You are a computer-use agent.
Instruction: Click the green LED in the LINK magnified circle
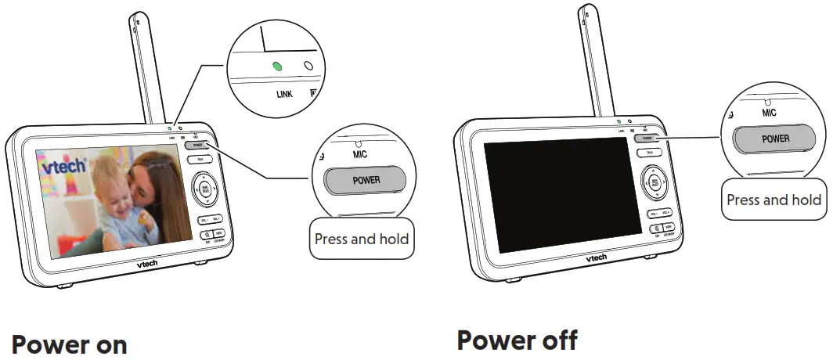275,66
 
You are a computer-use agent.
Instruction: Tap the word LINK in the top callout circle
287,95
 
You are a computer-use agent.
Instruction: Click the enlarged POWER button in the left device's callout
366,180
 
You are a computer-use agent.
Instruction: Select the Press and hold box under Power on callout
361,239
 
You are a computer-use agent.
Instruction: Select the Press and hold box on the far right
773,200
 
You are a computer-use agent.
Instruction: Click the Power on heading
69,344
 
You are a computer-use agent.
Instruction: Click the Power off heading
517,340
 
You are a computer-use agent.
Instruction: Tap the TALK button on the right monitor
649,153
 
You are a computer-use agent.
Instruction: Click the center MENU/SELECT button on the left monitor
204,189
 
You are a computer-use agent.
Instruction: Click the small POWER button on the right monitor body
647,138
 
